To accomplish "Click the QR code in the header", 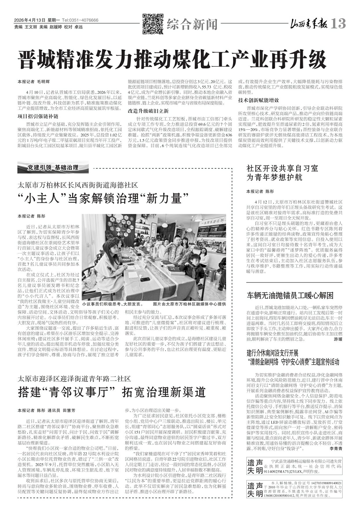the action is click(x=153, y=24).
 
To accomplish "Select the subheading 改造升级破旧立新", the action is click(x=148, y=111).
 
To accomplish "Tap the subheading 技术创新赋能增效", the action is click(x=259, y=100).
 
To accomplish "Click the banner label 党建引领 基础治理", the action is click(x=53, y=168).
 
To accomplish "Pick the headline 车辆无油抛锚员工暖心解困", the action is click(x=290, y=295).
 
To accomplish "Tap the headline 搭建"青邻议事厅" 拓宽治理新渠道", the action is click(x=112, y=392).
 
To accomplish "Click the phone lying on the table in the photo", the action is click(x=145, y=279).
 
